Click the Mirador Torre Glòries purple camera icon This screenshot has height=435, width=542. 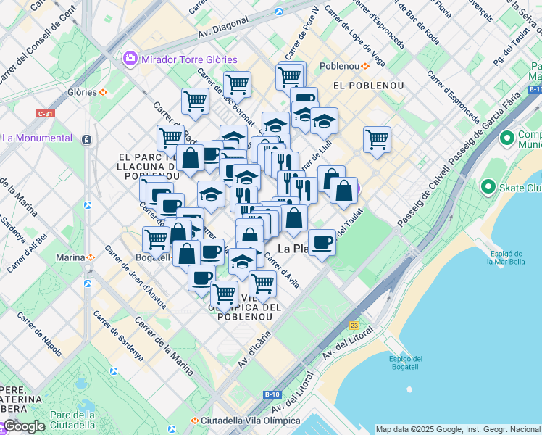pyautogui.click(x=130, y=59)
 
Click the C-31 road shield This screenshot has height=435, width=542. pyautogui.click(x=45, y=114)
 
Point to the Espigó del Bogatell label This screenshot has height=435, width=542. pyautogui.click(x=406, y=363)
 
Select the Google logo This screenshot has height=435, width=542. pyautogui.click(x=24, y=426)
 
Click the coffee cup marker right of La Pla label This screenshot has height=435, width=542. pyautogui.click(x=322, y=242)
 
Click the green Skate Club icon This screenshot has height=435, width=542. pyautogui.click(x=486, y=188)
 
